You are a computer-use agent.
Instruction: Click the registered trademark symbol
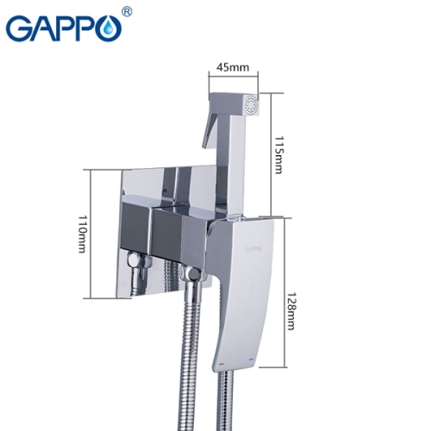point(128,13)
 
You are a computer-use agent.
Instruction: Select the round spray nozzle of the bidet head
point(251,107)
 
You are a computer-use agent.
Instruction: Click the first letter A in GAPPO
point(42,28)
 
